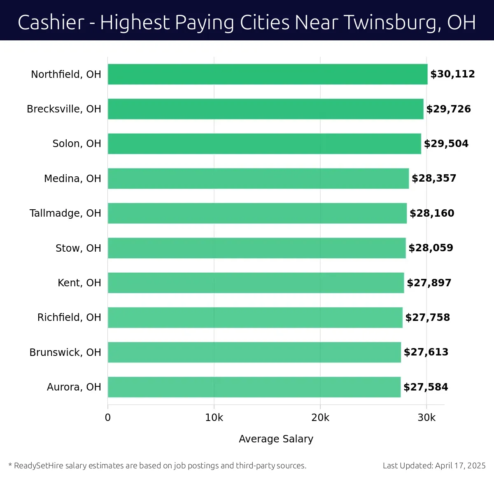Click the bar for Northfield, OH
[268, 74]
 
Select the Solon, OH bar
[264, 144]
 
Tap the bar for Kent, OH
[256, 283]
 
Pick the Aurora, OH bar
[254, 387]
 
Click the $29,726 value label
[448, 109]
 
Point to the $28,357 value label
[434, 178]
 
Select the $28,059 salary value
[431, 248]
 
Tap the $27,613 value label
[426, 352]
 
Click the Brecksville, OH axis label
[64, 109]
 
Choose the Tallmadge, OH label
[65, 213]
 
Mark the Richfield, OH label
[69, 318]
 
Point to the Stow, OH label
[78, 248]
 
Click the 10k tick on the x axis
[214, 418]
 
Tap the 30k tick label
[426, 418]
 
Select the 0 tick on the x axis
[108, 418]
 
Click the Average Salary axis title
[276, 439]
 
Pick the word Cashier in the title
[51, 23]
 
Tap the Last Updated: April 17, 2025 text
[434, 466]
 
